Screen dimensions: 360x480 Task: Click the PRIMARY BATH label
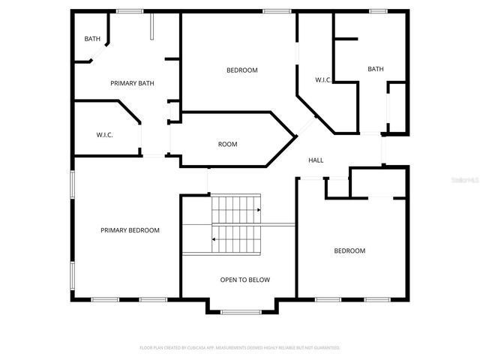[x=132, y=83]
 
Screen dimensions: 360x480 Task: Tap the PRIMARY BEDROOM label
[x=130, y=230]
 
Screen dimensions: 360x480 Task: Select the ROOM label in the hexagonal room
[x=227, y=144]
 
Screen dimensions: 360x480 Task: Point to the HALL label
[x=316, y=160]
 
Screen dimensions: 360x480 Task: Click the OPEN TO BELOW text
[x=244, y=280]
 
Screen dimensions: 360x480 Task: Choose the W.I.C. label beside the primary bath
[x=104, y=135]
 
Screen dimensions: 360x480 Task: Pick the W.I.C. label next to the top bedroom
[x=323, y=79]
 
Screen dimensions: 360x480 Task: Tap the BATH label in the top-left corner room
[x=91, y=39]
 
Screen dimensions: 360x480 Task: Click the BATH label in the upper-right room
[x=375, y=69]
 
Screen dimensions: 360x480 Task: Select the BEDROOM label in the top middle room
[x=241, y=70]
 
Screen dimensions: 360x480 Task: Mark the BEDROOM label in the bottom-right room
[x=349, y=250]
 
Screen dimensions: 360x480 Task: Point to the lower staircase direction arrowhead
[x=214, y=239]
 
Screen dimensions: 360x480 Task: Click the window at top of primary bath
[x=129, y=10]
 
